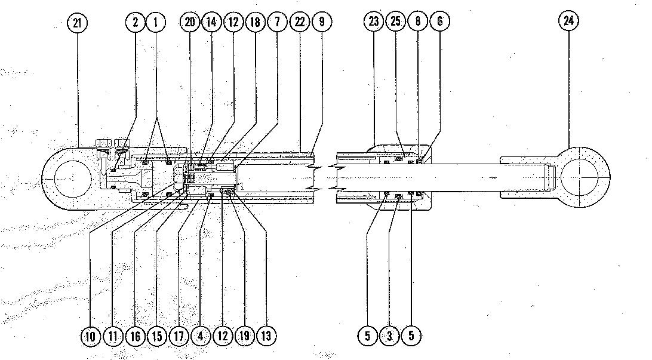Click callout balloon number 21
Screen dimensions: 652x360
click(77, 23)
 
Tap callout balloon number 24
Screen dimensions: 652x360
click(568, 21)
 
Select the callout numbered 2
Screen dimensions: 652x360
click(136, 23)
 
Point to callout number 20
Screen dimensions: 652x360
click(190, 23)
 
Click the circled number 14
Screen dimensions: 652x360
click(211, 23)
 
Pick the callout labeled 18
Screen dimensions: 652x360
click(255, 23)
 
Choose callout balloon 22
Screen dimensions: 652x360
click(299, 23)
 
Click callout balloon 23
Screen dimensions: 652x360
click(373, 22)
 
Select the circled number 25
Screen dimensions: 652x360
click(395, 22)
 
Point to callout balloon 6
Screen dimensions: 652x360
click(439, 22)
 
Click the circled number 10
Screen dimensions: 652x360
click(91, 336)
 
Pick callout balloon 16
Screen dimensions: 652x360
click(136, 336)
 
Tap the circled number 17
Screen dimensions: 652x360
click(179, 336)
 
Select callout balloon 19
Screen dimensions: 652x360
click(244, 336)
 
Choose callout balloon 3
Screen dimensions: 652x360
click(389, 336)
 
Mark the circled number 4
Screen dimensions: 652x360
click(201, 336)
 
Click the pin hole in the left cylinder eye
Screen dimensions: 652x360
click(72, 178)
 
